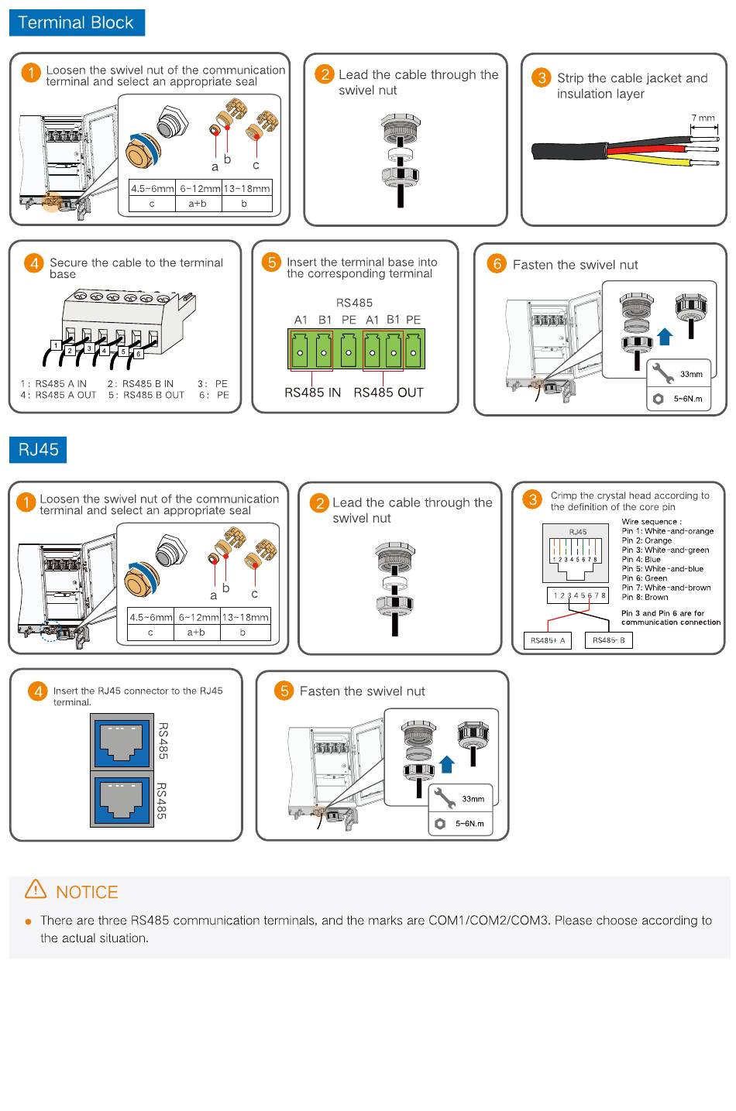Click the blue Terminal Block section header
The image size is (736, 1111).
coord(76,22)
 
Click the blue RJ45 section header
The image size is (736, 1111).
coord(38,450)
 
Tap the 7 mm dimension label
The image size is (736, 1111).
coord(703,118)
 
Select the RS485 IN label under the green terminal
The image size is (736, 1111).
coord(312,393)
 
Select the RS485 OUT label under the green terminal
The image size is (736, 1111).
coord(388,393)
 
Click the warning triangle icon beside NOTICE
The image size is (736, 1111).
coord(36,889)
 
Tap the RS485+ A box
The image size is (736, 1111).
coord(548,640)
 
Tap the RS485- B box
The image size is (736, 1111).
coord(609,640)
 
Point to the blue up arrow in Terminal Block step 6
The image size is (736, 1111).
coord(665,336)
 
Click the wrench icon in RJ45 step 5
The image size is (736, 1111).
coord(445,797)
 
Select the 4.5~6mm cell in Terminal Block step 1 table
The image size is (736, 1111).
coord(152,188)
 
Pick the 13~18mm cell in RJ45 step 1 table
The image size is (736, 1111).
coord(245,617)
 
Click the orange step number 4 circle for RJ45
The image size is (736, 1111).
coord(37,691)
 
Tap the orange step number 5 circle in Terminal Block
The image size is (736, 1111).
coord(272,262)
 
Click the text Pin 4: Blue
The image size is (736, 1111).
coord(641,559)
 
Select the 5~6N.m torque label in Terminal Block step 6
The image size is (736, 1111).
coord(687,399)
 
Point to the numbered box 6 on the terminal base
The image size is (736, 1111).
coord(139,354)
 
